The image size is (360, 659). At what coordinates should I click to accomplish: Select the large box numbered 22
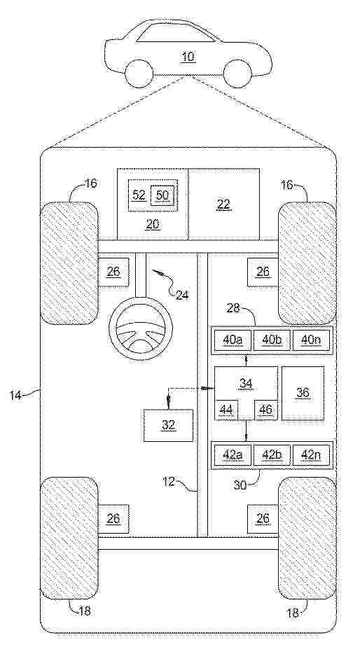223,204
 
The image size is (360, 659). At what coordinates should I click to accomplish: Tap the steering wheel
141,328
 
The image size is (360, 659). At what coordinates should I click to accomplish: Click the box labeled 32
168,425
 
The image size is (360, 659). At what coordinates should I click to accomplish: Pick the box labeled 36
303,393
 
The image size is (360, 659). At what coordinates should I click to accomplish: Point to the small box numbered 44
226,410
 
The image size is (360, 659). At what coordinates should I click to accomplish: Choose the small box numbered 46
265,410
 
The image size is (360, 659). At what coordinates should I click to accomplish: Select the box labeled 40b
271,340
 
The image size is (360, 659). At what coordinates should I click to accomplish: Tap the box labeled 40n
311,340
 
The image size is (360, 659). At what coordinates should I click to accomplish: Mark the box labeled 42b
271,455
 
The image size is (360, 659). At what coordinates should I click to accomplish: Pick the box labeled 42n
311,455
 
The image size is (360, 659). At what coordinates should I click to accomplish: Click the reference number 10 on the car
188,57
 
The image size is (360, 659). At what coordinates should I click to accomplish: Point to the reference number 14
16,395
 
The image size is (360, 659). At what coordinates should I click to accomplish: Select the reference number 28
233,309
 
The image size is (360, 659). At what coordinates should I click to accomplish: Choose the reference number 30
241,484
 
